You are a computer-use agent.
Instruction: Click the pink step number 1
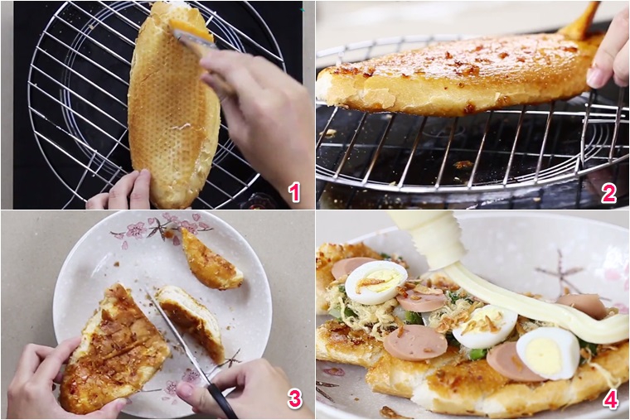(294, 192)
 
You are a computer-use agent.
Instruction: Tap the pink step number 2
(608, 193)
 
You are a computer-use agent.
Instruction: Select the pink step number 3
(294, 398)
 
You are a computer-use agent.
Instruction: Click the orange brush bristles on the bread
(191, 29)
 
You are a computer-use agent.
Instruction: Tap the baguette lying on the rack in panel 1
(172, 104)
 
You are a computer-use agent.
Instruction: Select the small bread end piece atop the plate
(210, 259)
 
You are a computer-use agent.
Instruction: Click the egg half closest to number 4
(549, 354)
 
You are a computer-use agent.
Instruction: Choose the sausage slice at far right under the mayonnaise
(583, 305)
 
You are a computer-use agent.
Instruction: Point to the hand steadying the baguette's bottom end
(119, 191)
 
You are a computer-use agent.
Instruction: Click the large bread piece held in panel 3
(114, 350)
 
